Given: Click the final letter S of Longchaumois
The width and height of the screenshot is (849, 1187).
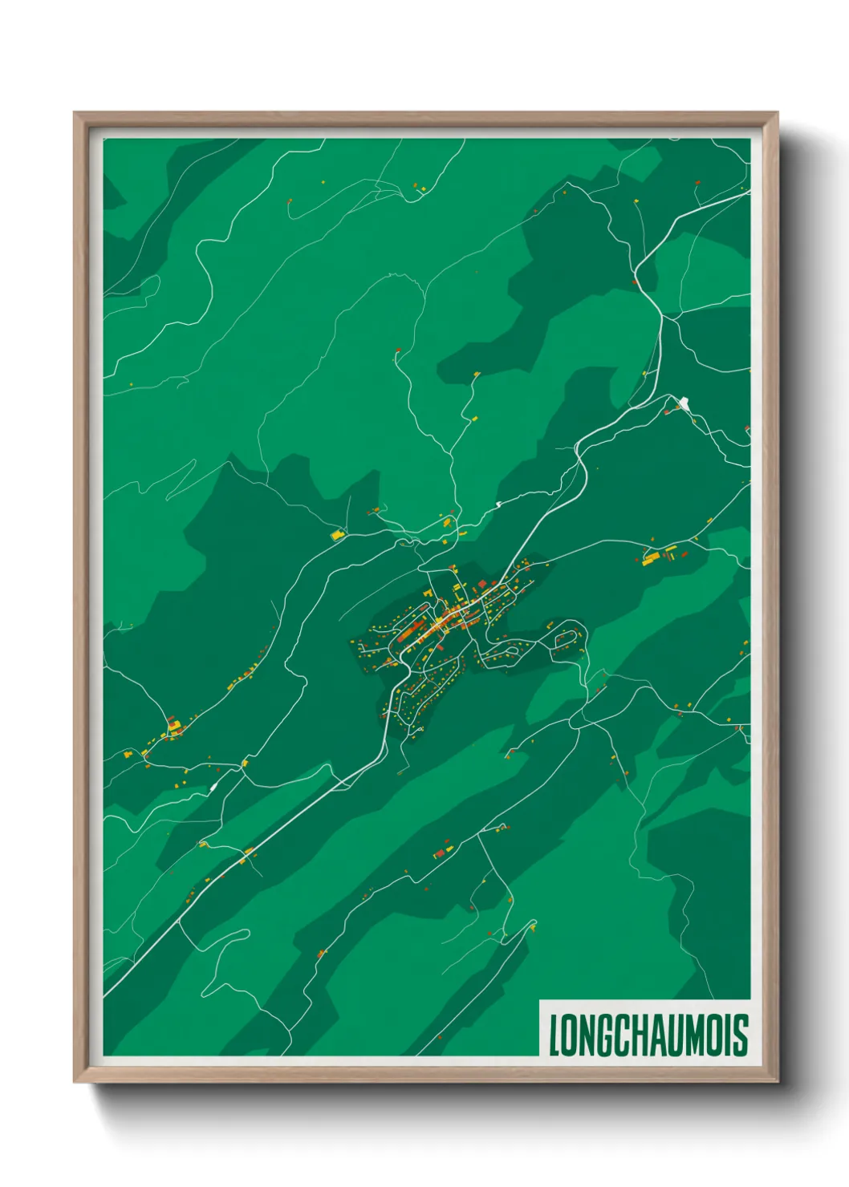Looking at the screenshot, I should [x=741, y=1035].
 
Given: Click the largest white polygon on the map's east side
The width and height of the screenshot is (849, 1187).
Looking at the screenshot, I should [x=684, y=401].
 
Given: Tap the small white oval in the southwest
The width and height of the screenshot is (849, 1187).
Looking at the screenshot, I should [x=213, y=788].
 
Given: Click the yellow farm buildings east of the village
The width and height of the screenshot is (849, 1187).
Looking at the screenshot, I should [x=660, y=554].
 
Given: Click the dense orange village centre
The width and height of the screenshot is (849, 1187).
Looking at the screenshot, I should [x=445, y=619].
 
